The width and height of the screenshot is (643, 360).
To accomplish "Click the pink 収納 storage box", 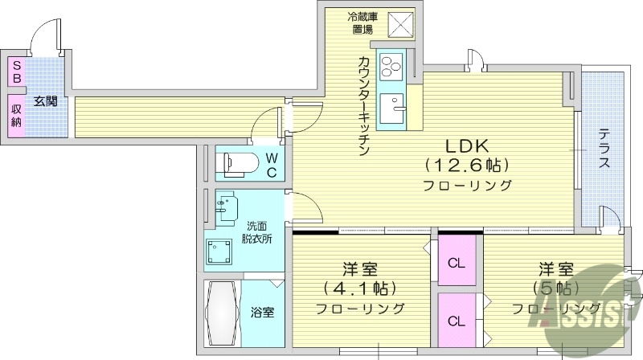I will point(15,114).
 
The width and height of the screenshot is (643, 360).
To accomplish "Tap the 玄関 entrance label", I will point(45,101).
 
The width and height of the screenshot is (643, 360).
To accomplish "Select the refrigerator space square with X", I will point(399,24).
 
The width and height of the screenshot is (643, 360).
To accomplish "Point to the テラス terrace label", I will point(604,149).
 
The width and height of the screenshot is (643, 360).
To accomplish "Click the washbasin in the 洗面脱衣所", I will point(224,206).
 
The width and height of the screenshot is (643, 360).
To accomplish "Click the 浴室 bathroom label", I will point(262,312).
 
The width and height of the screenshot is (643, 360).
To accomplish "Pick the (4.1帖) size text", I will point(359,288).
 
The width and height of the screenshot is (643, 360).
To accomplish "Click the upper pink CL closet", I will point(456,262).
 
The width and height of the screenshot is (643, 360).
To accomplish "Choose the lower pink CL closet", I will point(456,321).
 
